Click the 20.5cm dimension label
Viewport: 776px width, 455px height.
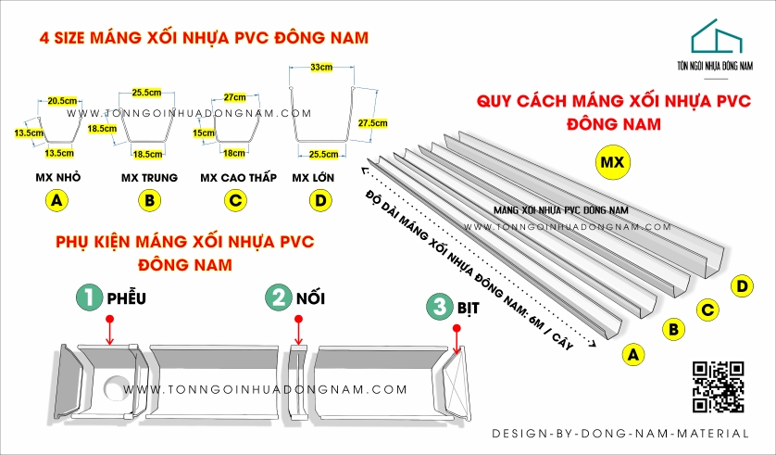(61, 100)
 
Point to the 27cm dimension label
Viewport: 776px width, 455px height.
(234, 96)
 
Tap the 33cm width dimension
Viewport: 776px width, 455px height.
(321, 68)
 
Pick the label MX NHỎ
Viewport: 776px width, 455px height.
(57, 176)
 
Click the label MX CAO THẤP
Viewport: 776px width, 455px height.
(235, 176)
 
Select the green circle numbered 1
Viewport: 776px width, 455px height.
(89, 297)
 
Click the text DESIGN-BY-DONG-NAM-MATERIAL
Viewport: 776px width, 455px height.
(620, 434)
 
